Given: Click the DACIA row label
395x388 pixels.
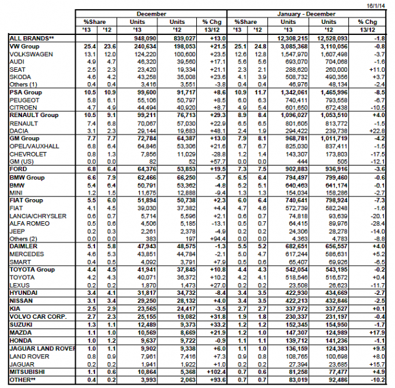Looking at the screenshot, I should [x=20, y=130].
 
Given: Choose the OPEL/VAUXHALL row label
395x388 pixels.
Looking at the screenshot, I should [x=32, y=145].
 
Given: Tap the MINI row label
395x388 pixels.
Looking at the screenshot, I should [x=17, y=191].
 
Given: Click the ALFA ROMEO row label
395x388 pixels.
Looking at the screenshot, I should [x=28, y=222].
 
